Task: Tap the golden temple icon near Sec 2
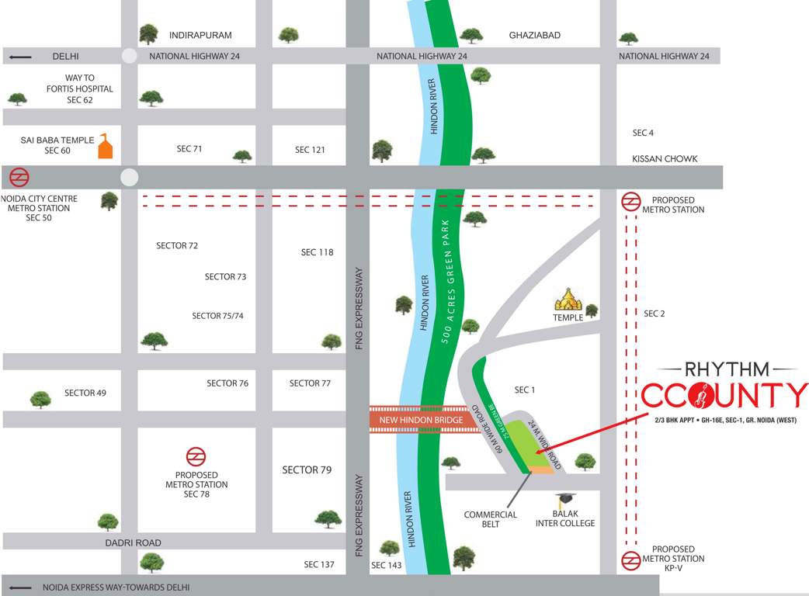568,300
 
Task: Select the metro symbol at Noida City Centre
19,178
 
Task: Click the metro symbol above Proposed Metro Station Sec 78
196,456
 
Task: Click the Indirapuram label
200,35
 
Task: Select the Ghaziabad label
534,35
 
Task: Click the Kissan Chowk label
665,158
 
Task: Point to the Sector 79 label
307,470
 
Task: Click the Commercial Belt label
490,519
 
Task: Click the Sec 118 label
317,252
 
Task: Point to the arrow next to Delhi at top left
20,56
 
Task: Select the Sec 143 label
387,566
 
